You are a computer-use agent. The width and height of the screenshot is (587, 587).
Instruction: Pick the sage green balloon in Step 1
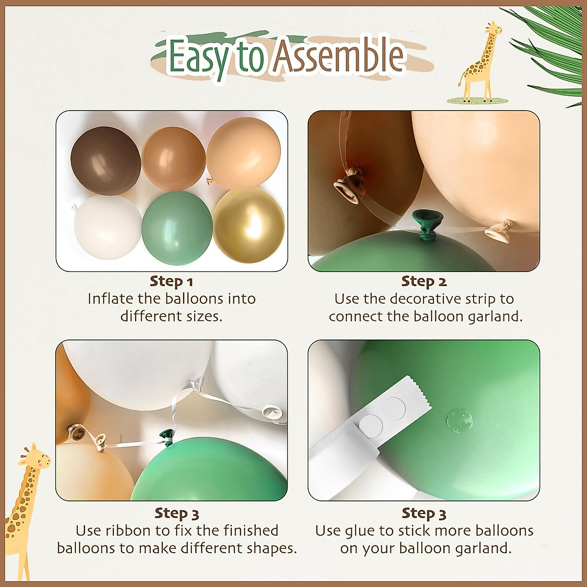point(177,228)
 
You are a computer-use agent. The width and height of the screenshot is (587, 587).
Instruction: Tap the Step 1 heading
point(171,281)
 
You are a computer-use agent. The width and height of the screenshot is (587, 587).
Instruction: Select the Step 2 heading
point(424,281)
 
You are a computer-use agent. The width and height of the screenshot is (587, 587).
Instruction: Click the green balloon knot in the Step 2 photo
point(428,223)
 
